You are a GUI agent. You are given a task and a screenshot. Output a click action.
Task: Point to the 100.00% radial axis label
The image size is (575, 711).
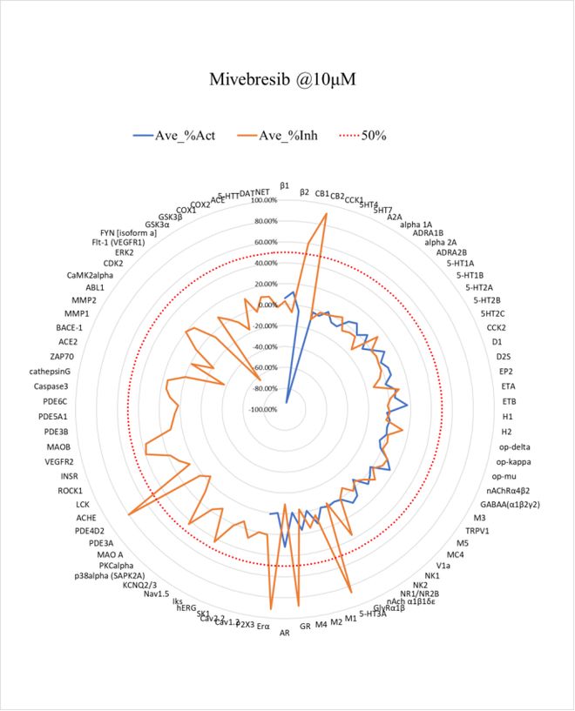click(262, 200)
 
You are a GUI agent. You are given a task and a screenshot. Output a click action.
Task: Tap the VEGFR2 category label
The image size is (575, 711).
click(59, 461)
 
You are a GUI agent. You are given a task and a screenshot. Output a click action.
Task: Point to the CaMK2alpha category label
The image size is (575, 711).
click(90, 275)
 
